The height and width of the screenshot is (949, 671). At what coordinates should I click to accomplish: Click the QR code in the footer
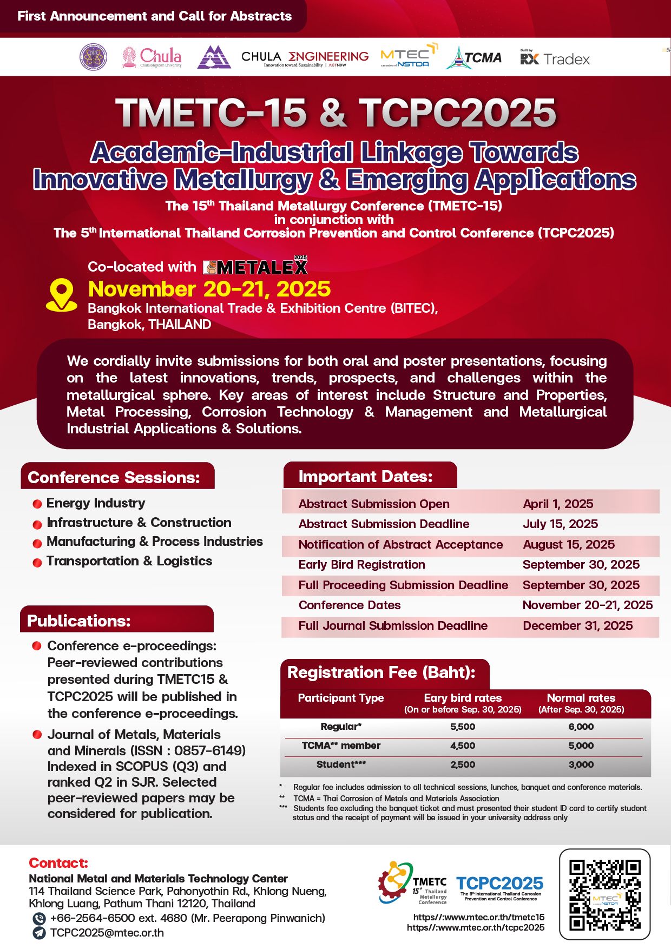coord(604,894)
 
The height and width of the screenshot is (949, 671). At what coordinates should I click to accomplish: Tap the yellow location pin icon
coord(61,295)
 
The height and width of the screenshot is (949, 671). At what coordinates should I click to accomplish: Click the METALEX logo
coord(255,266)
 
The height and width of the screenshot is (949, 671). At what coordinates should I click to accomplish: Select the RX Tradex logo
coord(555,58)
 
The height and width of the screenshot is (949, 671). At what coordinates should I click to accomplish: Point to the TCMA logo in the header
coord(474,58)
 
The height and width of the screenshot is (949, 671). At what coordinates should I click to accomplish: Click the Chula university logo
coord(152,57)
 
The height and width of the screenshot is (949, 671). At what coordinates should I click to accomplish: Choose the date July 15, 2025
coord(560,524)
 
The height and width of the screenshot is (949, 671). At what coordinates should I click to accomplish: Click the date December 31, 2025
coord(577,625)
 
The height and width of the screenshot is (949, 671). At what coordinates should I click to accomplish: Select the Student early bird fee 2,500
coord(463,765)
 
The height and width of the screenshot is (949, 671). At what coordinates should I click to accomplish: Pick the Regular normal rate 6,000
coord(581,727)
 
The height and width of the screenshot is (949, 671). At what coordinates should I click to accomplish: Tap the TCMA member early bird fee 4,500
coord(463,746)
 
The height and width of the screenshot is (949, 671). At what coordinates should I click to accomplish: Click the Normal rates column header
coord(581,703)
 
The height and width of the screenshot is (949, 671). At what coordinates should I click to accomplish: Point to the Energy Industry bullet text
coord(96,503)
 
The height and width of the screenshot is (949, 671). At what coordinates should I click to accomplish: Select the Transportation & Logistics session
coord(129,561)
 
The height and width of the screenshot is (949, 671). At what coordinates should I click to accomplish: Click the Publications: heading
coord(79,621)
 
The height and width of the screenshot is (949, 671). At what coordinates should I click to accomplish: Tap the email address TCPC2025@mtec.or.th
coord(107,933)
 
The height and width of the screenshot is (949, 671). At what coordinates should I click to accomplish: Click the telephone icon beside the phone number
coord(38,918)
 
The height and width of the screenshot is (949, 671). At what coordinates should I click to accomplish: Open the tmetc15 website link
coord(479,917)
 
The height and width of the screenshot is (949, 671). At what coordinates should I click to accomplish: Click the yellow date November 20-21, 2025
coord(209,289)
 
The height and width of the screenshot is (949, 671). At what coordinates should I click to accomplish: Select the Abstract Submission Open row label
coord(374,504)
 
